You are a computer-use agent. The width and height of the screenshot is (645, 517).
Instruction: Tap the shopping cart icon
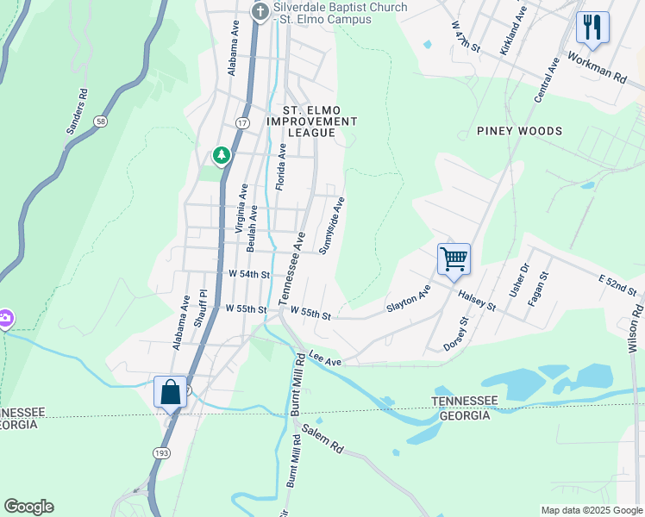pyautogui.click(x=454, y=258)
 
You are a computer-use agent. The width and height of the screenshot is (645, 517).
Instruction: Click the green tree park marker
pyautogui.click(x=222, y=155)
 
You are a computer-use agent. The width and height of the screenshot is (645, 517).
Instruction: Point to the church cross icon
pyautogui.click(x=260, y=12)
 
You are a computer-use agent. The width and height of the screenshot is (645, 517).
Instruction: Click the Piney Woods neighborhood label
pyautogui.click(x=519, y=131)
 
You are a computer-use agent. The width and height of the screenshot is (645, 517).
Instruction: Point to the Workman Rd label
pyautogui.click(x=597, y=66)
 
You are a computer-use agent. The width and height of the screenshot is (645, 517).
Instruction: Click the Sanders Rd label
pyautogui.click(x=78, y=111)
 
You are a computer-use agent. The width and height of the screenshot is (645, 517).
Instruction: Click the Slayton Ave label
pyautogui.click(x=408, y=300)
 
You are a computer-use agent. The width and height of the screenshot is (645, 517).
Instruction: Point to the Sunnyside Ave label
pyautogui.click(x=332, y=226)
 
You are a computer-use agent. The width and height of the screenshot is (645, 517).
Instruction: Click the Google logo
pyautogui.click(x=28, y=507)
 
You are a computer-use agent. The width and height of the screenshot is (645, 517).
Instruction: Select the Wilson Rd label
pyautogui.click(x=635, y=327)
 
